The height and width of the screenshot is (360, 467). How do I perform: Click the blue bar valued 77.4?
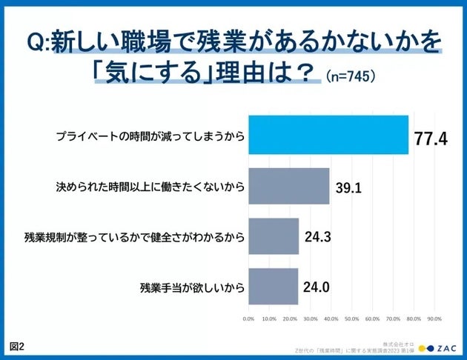pyautogui.click(x=328, y=136)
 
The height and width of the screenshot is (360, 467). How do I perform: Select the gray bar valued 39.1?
pyautogui.click(x=288, y=186)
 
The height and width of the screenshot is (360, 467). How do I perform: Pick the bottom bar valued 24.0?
pyautogui.click(x=273, y=287)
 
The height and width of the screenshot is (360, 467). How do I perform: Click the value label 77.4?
pyautogui.click(x=431, y=138)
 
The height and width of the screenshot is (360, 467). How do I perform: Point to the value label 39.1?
pyautogui.click(x=348, y=188)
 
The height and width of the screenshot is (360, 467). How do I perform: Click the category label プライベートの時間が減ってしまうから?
pyautogui.click(x=150, y=136)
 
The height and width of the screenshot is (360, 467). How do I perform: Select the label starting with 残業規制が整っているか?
pyautogui.click(x=134, y=237)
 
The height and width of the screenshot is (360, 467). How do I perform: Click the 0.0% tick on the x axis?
pyautogui.click(x=249, y=319)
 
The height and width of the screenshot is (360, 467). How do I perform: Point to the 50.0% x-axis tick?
pyautogui.click(x=352, y=319)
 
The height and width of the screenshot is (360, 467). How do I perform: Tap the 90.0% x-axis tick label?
pyautogui.click(x=434, y=319)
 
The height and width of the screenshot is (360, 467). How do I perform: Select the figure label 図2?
pyautogui.click(x=17, y=346)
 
